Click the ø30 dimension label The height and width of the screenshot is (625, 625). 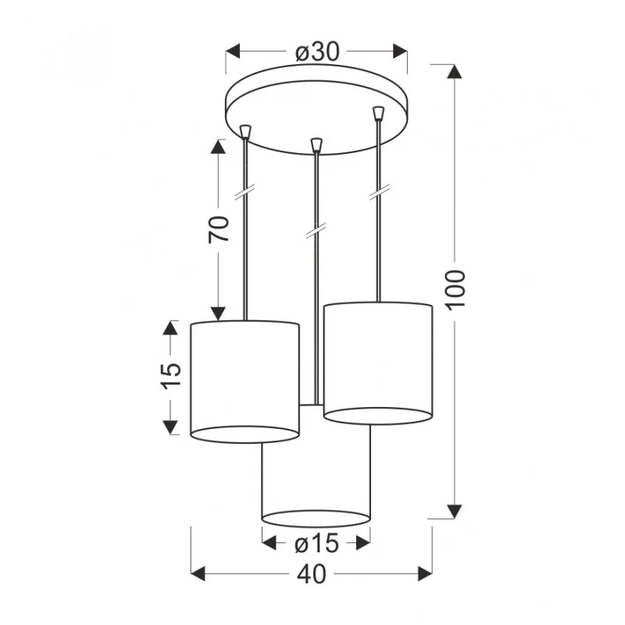317,52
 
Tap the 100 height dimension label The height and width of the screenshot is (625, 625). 455,290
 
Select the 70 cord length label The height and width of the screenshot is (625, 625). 220,229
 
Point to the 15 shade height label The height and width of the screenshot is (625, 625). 171,376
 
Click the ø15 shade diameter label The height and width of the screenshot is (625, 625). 317,544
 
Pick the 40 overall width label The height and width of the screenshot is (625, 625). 312,574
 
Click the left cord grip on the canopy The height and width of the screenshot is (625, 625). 245,131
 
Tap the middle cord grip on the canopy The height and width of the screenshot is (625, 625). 316,145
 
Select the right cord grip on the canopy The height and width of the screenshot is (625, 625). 378,112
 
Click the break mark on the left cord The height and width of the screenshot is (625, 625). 245,192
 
